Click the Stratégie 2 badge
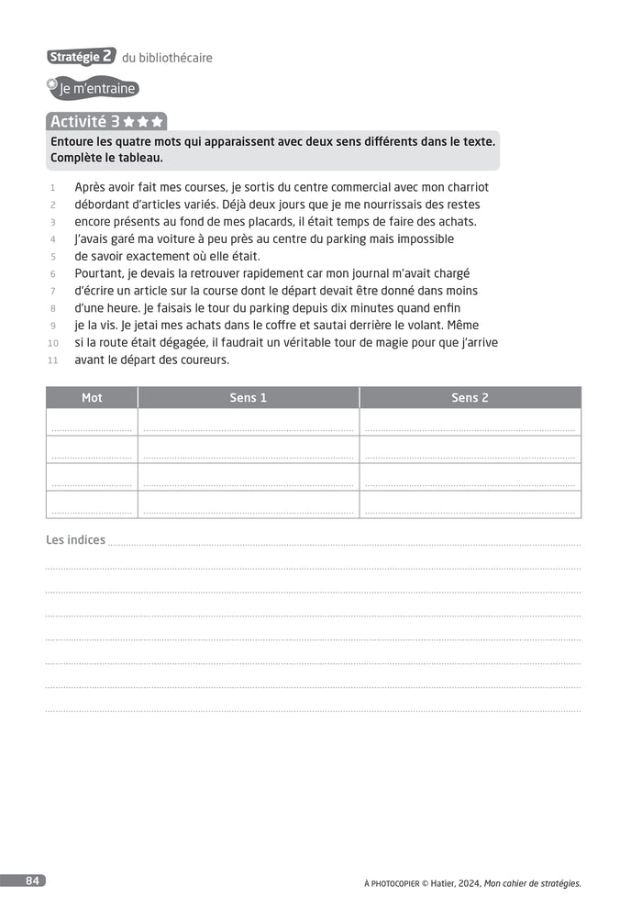(81, 57)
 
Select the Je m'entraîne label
(95, 89)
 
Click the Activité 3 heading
(105, 121)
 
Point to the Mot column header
(92, 397)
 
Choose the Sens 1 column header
(249, 397)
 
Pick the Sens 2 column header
(470, 397)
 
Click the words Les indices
(75, 540)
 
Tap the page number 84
(32, 880)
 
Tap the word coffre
(315, 326)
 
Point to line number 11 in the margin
(52, 360)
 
